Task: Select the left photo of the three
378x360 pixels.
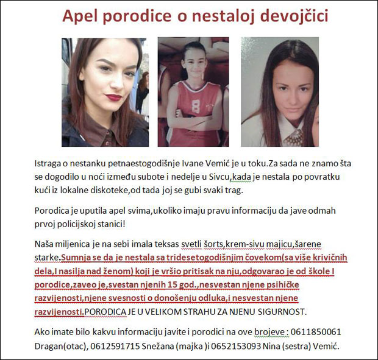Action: coord(105,92)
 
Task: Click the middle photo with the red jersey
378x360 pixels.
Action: coord(193,92)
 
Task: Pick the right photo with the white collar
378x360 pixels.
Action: coord(280,92)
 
